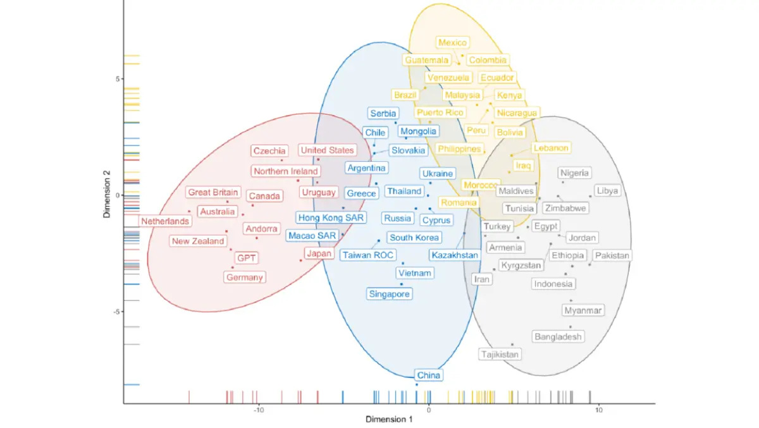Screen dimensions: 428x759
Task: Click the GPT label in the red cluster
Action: [x=245, y=258]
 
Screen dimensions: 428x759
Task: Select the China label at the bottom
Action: [x=428, y=376]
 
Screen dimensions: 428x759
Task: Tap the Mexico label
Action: [x=452, y=43]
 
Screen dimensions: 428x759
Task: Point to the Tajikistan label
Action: [x=500, y=355]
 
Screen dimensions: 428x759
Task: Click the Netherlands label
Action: [x=165, y=221]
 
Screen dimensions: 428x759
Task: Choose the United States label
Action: [x=327, y=150]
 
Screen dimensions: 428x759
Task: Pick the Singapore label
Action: [x=390, y=294]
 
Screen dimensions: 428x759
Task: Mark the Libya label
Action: [x=608, y=191]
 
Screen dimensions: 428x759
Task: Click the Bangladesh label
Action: [x=558, y=337]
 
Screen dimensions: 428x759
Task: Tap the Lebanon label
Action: [x=551, y=148]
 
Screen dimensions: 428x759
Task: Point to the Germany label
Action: [x=245, y=278]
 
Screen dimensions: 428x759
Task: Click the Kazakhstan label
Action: [x=454, y=255]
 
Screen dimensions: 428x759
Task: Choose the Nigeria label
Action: [x=575, y=173]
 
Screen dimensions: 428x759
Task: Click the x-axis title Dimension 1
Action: [x=389, y=419]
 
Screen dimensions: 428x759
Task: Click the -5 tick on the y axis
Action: [x=116, y=312]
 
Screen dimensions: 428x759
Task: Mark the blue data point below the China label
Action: [x=416, y=384]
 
